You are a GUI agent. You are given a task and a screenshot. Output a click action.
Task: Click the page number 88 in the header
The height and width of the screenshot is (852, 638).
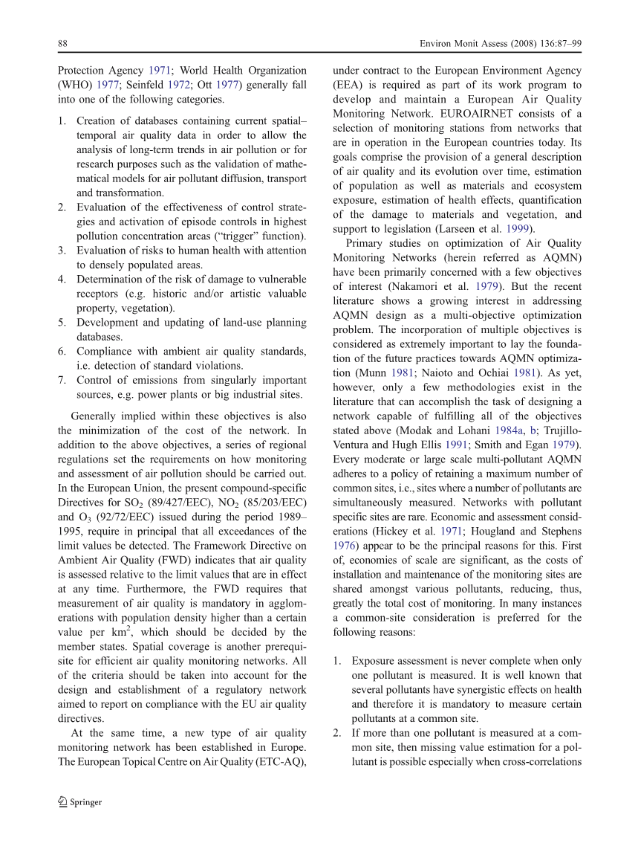(x=63, y=44)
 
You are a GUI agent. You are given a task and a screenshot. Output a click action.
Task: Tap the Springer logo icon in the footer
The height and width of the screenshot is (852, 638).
(x=62, y=801)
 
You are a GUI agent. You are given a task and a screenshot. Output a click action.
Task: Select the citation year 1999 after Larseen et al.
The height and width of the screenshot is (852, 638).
(x=518, y=229)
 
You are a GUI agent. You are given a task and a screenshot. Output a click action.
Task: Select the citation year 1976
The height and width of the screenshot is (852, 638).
(x=345, y=546)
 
